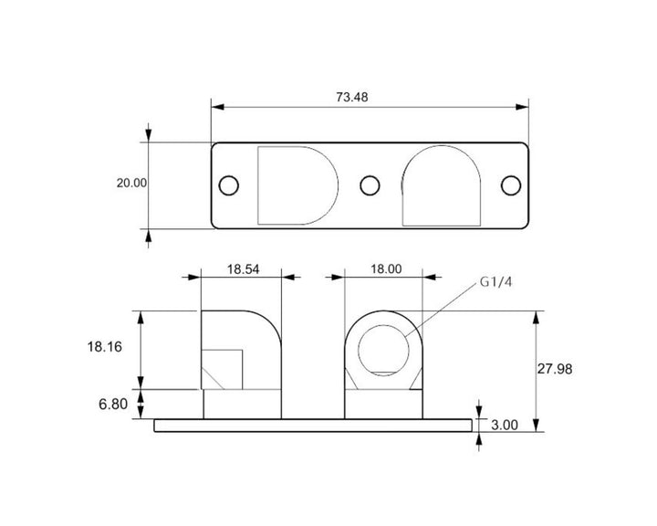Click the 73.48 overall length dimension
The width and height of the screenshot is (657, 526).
[351, 98]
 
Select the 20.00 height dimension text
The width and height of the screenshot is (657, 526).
[131, 183]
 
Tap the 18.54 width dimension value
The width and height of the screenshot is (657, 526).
[243, 269]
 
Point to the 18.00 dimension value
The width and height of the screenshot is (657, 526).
[386, 268]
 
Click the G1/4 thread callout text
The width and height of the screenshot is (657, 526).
[495, 282]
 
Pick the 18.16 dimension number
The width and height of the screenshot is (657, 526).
[105, 347]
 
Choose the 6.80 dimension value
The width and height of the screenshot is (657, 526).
[113, 404]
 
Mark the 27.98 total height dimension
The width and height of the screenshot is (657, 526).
[555, 369]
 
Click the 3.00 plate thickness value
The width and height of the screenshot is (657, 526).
[505, 425]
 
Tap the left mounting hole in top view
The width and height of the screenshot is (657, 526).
[229, 185]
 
